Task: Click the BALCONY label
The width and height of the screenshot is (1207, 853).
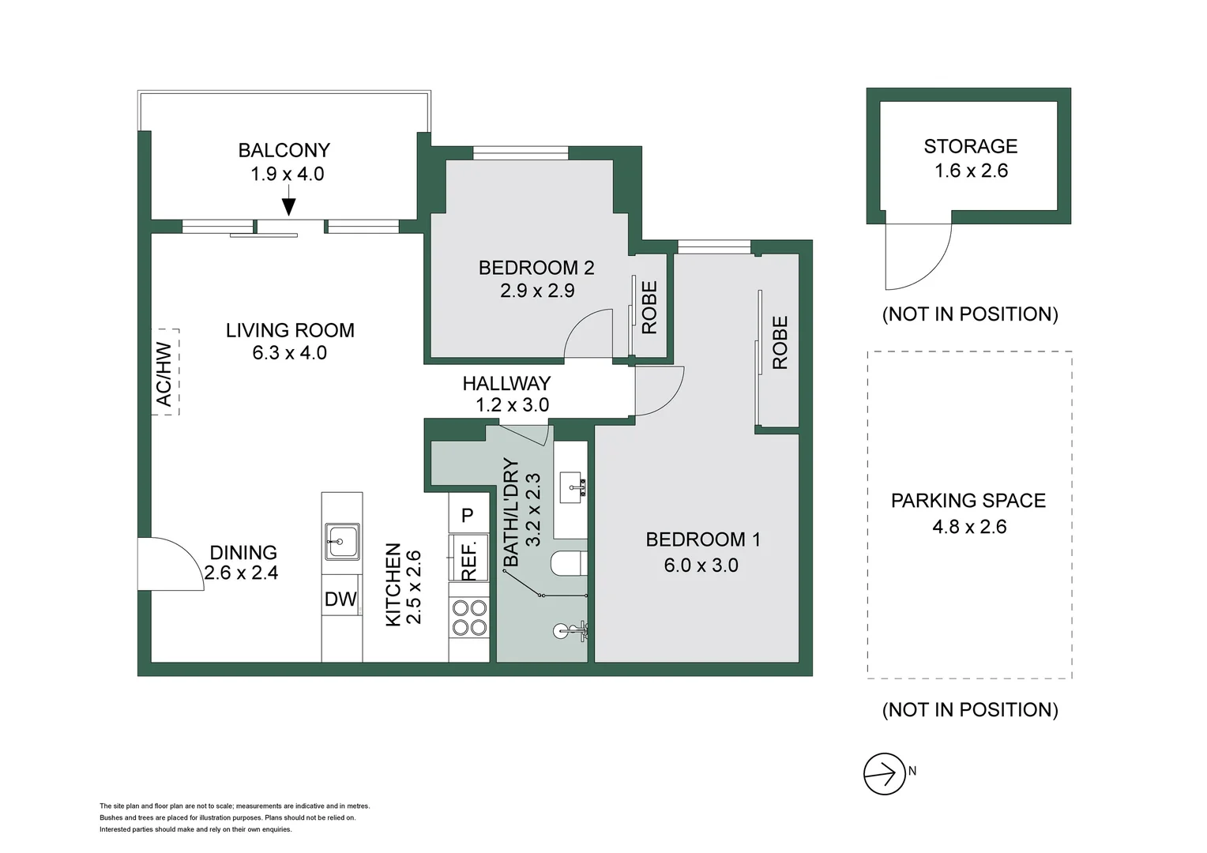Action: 284,150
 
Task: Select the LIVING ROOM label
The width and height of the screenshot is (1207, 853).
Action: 290,330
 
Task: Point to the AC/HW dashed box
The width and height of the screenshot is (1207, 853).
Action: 165,372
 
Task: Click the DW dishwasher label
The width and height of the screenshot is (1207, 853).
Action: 340,599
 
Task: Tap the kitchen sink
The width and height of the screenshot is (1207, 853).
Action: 342,541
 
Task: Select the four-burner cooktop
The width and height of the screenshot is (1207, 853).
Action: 469,618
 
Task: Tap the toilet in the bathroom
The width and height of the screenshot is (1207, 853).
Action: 569,564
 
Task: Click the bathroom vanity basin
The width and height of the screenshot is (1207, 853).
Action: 573,487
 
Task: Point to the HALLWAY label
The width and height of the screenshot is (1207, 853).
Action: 506,384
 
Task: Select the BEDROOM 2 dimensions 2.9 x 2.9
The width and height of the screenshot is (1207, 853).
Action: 537,291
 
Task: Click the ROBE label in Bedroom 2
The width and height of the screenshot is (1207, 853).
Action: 649,308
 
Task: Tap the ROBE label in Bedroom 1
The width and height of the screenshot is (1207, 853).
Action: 780,343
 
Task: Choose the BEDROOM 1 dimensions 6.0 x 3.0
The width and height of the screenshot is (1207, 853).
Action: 701,566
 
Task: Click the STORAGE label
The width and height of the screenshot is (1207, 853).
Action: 971,147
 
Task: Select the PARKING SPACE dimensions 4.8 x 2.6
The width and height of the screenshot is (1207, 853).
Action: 969,527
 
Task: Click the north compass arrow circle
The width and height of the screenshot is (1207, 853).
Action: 884,774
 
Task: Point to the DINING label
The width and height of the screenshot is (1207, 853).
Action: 243,553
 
